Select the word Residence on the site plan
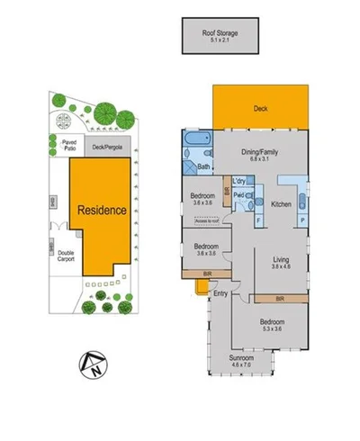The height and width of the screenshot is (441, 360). point(101,210)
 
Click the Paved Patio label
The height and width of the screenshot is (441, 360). point(68,143)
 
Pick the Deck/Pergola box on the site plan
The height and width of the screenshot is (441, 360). point(107,147)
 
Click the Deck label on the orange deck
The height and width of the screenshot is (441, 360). point(261,109)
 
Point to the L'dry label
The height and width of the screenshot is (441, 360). point(241,182)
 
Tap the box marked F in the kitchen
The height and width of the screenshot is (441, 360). point(258,219)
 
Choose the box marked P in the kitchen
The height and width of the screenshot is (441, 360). point(301,219)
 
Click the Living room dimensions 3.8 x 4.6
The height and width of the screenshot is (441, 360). point(282,267)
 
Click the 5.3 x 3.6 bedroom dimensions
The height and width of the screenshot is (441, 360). point(271,330)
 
